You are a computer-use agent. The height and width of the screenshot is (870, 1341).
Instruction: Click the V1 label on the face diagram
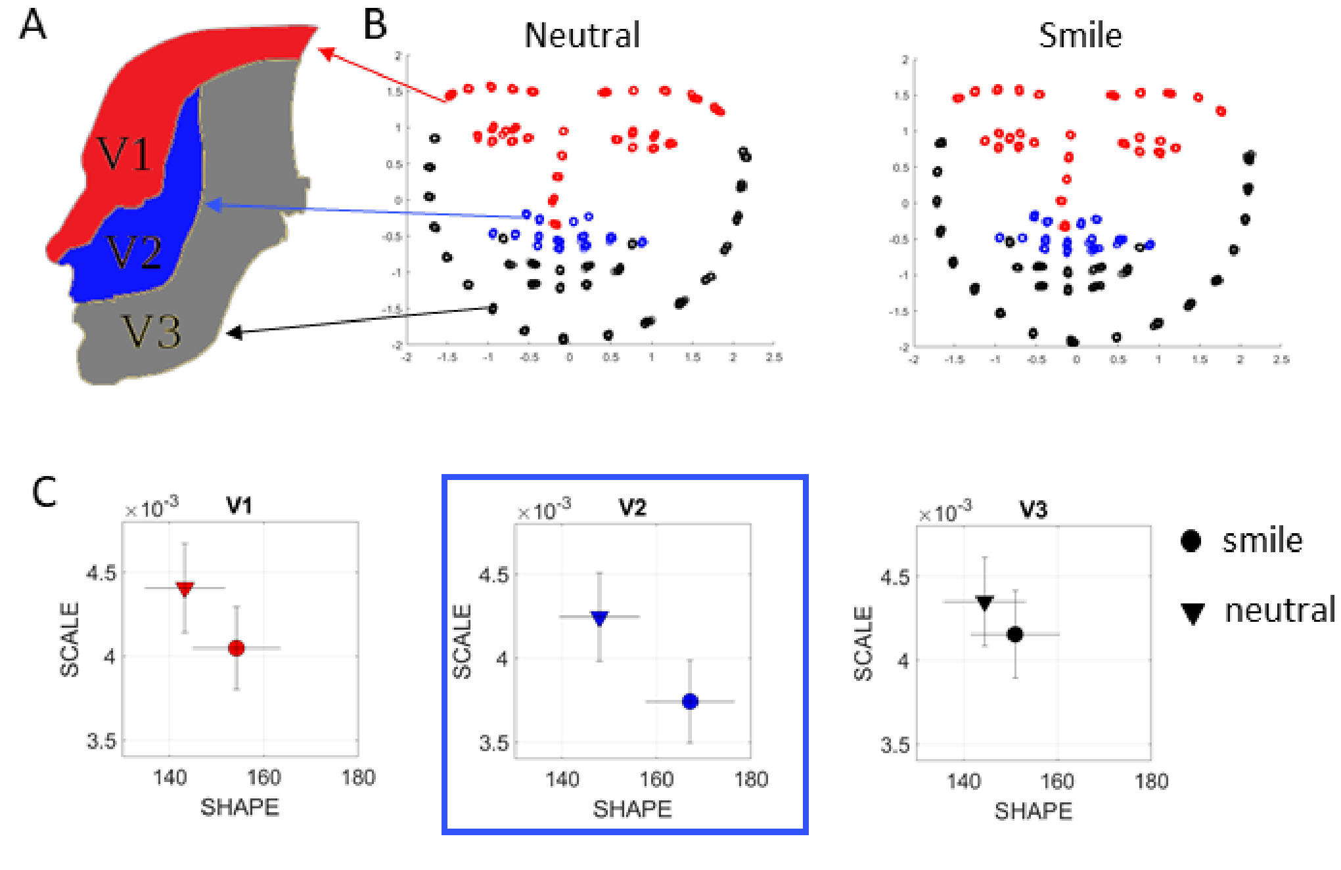pos(125,154)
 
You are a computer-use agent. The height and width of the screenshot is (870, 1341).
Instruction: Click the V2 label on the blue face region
pos(135,253)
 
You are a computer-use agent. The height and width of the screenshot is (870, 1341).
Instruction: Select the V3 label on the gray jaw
pos(152,332)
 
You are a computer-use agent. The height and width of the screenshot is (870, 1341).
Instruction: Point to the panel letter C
pos(44,492)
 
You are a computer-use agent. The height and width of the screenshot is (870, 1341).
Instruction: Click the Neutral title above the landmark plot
pos(582,35)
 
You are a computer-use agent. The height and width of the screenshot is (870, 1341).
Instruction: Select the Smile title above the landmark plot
pos(1080,35)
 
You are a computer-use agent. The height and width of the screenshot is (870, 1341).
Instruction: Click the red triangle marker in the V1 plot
pos(185,589)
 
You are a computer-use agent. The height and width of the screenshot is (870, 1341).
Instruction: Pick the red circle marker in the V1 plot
pos(237,648)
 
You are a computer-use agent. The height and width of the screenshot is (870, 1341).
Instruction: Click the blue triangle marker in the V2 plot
pos(599,618)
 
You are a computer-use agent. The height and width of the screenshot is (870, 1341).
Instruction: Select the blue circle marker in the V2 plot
pos(690,701)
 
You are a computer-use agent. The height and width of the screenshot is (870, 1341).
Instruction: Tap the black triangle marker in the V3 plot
pos(984,602)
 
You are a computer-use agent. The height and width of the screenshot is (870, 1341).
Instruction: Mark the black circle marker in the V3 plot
pos(1015,634)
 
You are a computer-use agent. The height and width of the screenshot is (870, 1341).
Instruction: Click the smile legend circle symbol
pos(1191,541)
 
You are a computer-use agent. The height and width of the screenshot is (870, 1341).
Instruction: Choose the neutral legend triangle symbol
pos(1193,613)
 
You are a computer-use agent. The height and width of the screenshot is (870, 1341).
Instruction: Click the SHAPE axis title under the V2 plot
pos(632,809)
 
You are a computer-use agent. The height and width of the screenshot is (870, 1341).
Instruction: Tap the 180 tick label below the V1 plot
pos(358,778)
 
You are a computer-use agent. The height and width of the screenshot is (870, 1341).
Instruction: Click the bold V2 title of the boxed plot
pos(633,508)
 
